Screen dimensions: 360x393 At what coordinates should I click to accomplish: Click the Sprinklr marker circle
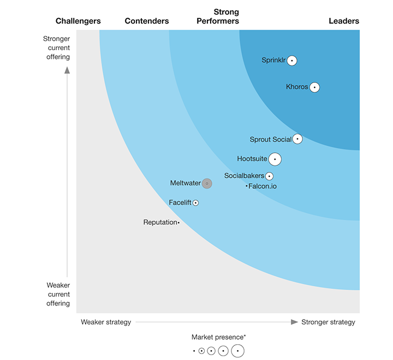[292, 61]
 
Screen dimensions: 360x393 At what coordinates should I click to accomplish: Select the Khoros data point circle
[314, 87]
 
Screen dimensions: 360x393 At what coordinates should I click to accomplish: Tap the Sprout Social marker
[297, 139]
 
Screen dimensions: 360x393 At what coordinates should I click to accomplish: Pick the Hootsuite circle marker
[275, 159]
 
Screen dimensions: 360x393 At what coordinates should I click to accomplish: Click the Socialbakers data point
[269, 176]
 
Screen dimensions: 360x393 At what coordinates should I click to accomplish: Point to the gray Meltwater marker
[207, 184]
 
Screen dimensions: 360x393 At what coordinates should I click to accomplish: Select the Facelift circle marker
[196, 203]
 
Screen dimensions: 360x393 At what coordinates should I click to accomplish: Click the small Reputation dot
[178, 223]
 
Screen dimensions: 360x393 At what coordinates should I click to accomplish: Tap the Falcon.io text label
[263, 187]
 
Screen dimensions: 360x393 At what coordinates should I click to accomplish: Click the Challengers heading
[78, 21]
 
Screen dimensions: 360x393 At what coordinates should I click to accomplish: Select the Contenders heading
[147, 21]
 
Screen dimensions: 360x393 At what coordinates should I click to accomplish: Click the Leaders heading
[344, 21]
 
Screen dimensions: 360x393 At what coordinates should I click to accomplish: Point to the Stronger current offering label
[57, 48]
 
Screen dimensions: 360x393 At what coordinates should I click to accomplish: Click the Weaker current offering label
[58, 294]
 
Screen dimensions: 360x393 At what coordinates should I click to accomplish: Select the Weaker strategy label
[106, 322]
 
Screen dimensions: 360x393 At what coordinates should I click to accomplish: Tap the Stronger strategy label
[328, 322]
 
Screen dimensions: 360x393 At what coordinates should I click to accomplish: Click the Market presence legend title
[218, 337]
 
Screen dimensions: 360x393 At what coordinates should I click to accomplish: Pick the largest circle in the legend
[237, 351]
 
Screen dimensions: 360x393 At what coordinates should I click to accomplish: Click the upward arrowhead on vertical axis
[67, 70]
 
